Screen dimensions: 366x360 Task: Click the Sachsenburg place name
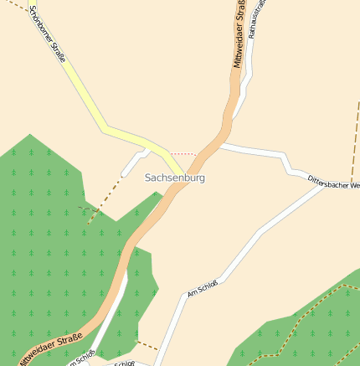pyautogui.click(x=174, y=178)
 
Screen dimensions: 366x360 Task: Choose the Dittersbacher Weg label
pyautogui.click(x=333, y=182)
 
